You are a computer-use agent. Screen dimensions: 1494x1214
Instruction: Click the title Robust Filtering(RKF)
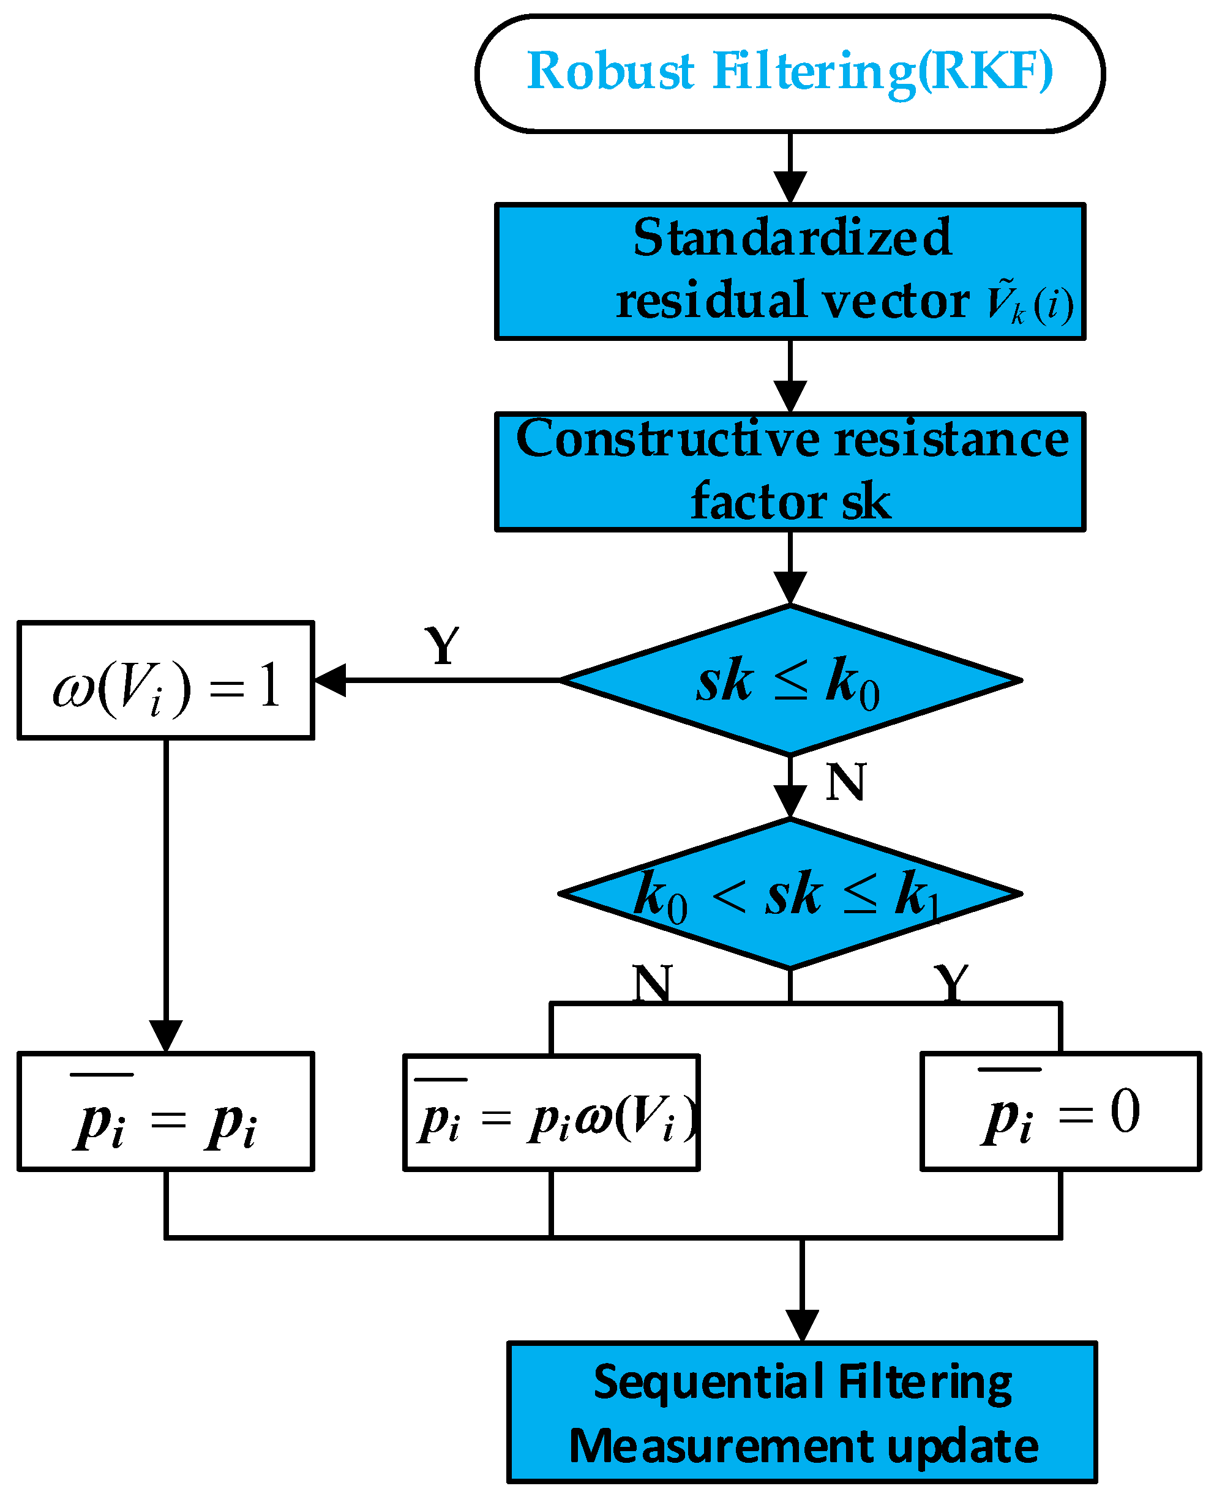(790, 72)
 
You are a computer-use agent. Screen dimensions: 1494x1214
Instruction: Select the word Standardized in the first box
(792, 237)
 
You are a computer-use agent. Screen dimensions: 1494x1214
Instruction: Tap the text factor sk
(790, 501)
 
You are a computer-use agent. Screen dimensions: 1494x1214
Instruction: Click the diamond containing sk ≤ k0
(790, 679)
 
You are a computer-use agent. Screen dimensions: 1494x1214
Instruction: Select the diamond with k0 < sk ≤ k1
(790, 894)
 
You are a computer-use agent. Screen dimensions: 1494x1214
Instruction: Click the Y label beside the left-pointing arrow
(442, 645)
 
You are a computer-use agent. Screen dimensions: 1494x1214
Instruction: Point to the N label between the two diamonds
(845, 782)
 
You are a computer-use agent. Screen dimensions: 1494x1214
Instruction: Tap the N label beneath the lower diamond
(652, 983)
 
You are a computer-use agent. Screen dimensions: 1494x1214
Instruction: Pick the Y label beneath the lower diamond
(951, 983)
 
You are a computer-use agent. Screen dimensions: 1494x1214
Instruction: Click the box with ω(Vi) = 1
(166, 679)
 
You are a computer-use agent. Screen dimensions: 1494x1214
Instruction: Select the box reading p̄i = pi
(166, 1111)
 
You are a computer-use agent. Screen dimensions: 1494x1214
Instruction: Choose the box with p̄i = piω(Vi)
(551, 1112)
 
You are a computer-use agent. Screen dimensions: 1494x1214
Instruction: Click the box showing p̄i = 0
(1060, 1111)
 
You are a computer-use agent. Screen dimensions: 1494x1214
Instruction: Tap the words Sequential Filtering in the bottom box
(802, 1382)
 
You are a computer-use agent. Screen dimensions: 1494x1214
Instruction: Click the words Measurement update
(803, 1445)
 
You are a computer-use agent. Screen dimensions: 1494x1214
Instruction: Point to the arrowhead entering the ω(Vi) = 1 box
(330, 679)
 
